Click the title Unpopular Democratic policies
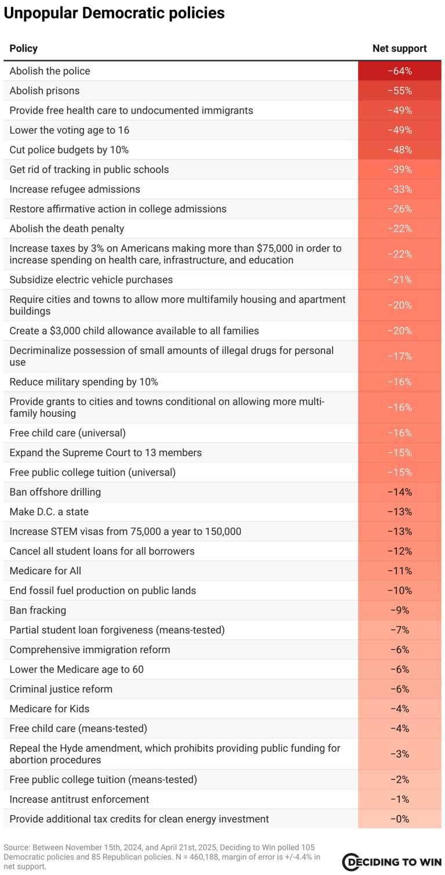pyautogui.click(x=114, y=13)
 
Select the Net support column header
pyautogui.click(x=399, y=49)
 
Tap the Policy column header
pyautogui.click(x=23, y=49)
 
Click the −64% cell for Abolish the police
pyautogui.click(x=399, y=71)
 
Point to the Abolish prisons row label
pyautogui.click(x=45, y=91)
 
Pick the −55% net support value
pyautogui.click(x=399, y=91)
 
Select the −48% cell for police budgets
pyautogui.click(x=399, y=150)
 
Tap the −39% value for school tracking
pyautogui.click(x=399, y=170)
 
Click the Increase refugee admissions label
pyautogui.click(x=75, y=189)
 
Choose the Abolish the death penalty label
pyautogui.click(x=67, y=229)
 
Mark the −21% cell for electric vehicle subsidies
pyautogui.click(x=399, y=280)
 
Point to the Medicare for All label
pyautogui.click(x=45, y=571)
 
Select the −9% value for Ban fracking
pyautogui.click(x=399, y=610)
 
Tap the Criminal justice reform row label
pyautogui.click(x=61, y=689)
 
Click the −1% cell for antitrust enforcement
pyautogui.click(x=399, y=799)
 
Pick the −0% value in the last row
pyautogui.click(x=399, y=819)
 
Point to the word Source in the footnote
pyautogui.click(x=15, y=847)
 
